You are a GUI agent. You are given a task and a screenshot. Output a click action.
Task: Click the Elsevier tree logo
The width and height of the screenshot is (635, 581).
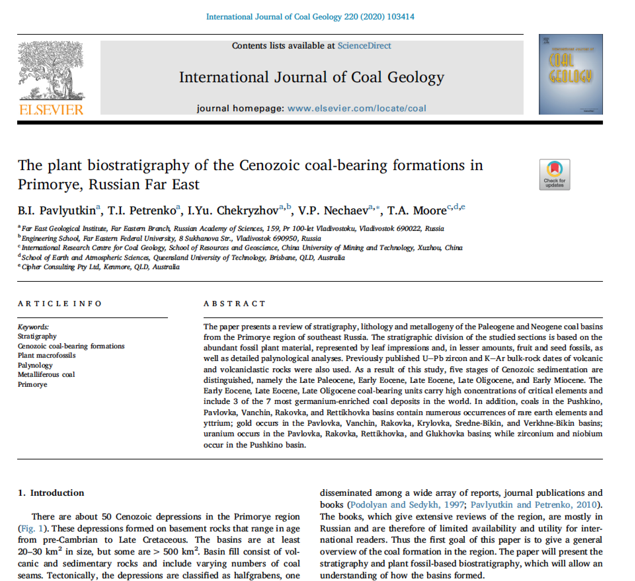click(51, 70)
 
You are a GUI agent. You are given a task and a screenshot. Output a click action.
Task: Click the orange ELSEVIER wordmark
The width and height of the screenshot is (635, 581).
click(51, 110)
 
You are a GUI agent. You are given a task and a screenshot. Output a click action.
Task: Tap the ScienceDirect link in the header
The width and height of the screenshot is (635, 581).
click(364, 46)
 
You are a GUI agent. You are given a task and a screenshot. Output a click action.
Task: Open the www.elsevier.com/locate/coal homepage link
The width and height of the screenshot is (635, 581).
click(357, 108)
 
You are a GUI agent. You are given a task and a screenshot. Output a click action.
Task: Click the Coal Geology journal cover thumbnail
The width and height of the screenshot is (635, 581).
click(571, 74)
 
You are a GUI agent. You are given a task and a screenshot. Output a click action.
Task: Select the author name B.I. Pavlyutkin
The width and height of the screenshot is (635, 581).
click(57, 210)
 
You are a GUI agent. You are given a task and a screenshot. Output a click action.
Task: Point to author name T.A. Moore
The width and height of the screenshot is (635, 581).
click(417, 210)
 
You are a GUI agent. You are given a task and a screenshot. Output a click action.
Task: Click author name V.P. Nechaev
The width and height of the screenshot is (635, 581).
click(333, 210)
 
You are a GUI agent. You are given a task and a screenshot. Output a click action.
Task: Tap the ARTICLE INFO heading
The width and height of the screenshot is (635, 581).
click(60, 304)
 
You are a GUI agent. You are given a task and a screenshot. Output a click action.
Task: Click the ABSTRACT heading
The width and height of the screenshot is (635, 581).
click(234, 304)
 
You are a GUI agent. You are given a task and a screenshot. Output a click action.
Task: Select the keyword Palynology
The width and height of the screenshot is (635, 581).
click(35, 365)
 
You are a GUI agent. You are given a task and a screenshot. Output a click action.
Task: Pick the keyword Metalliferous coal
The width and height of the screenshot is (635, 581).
click(46, 375)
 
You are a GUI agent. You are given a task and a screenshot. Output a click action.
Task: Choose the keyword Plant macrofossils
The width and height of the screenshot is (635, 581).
click(47, 355)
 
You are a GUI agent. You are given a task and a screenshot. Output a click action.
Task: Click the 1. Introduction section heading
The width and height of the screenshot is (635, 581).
click(51, 493)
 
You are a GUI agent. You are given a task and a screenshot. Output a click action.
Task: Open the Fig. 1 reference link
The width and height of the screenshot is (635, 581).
click(32, 528)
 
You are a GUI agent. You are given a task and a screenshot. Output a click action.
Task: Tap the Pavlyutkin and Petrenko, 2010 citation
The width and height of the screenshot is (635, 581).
click(534, 505)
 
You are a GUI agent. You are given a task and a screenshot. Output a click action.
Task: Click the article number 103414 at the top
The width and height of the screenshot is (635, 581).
click(400, 17)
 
